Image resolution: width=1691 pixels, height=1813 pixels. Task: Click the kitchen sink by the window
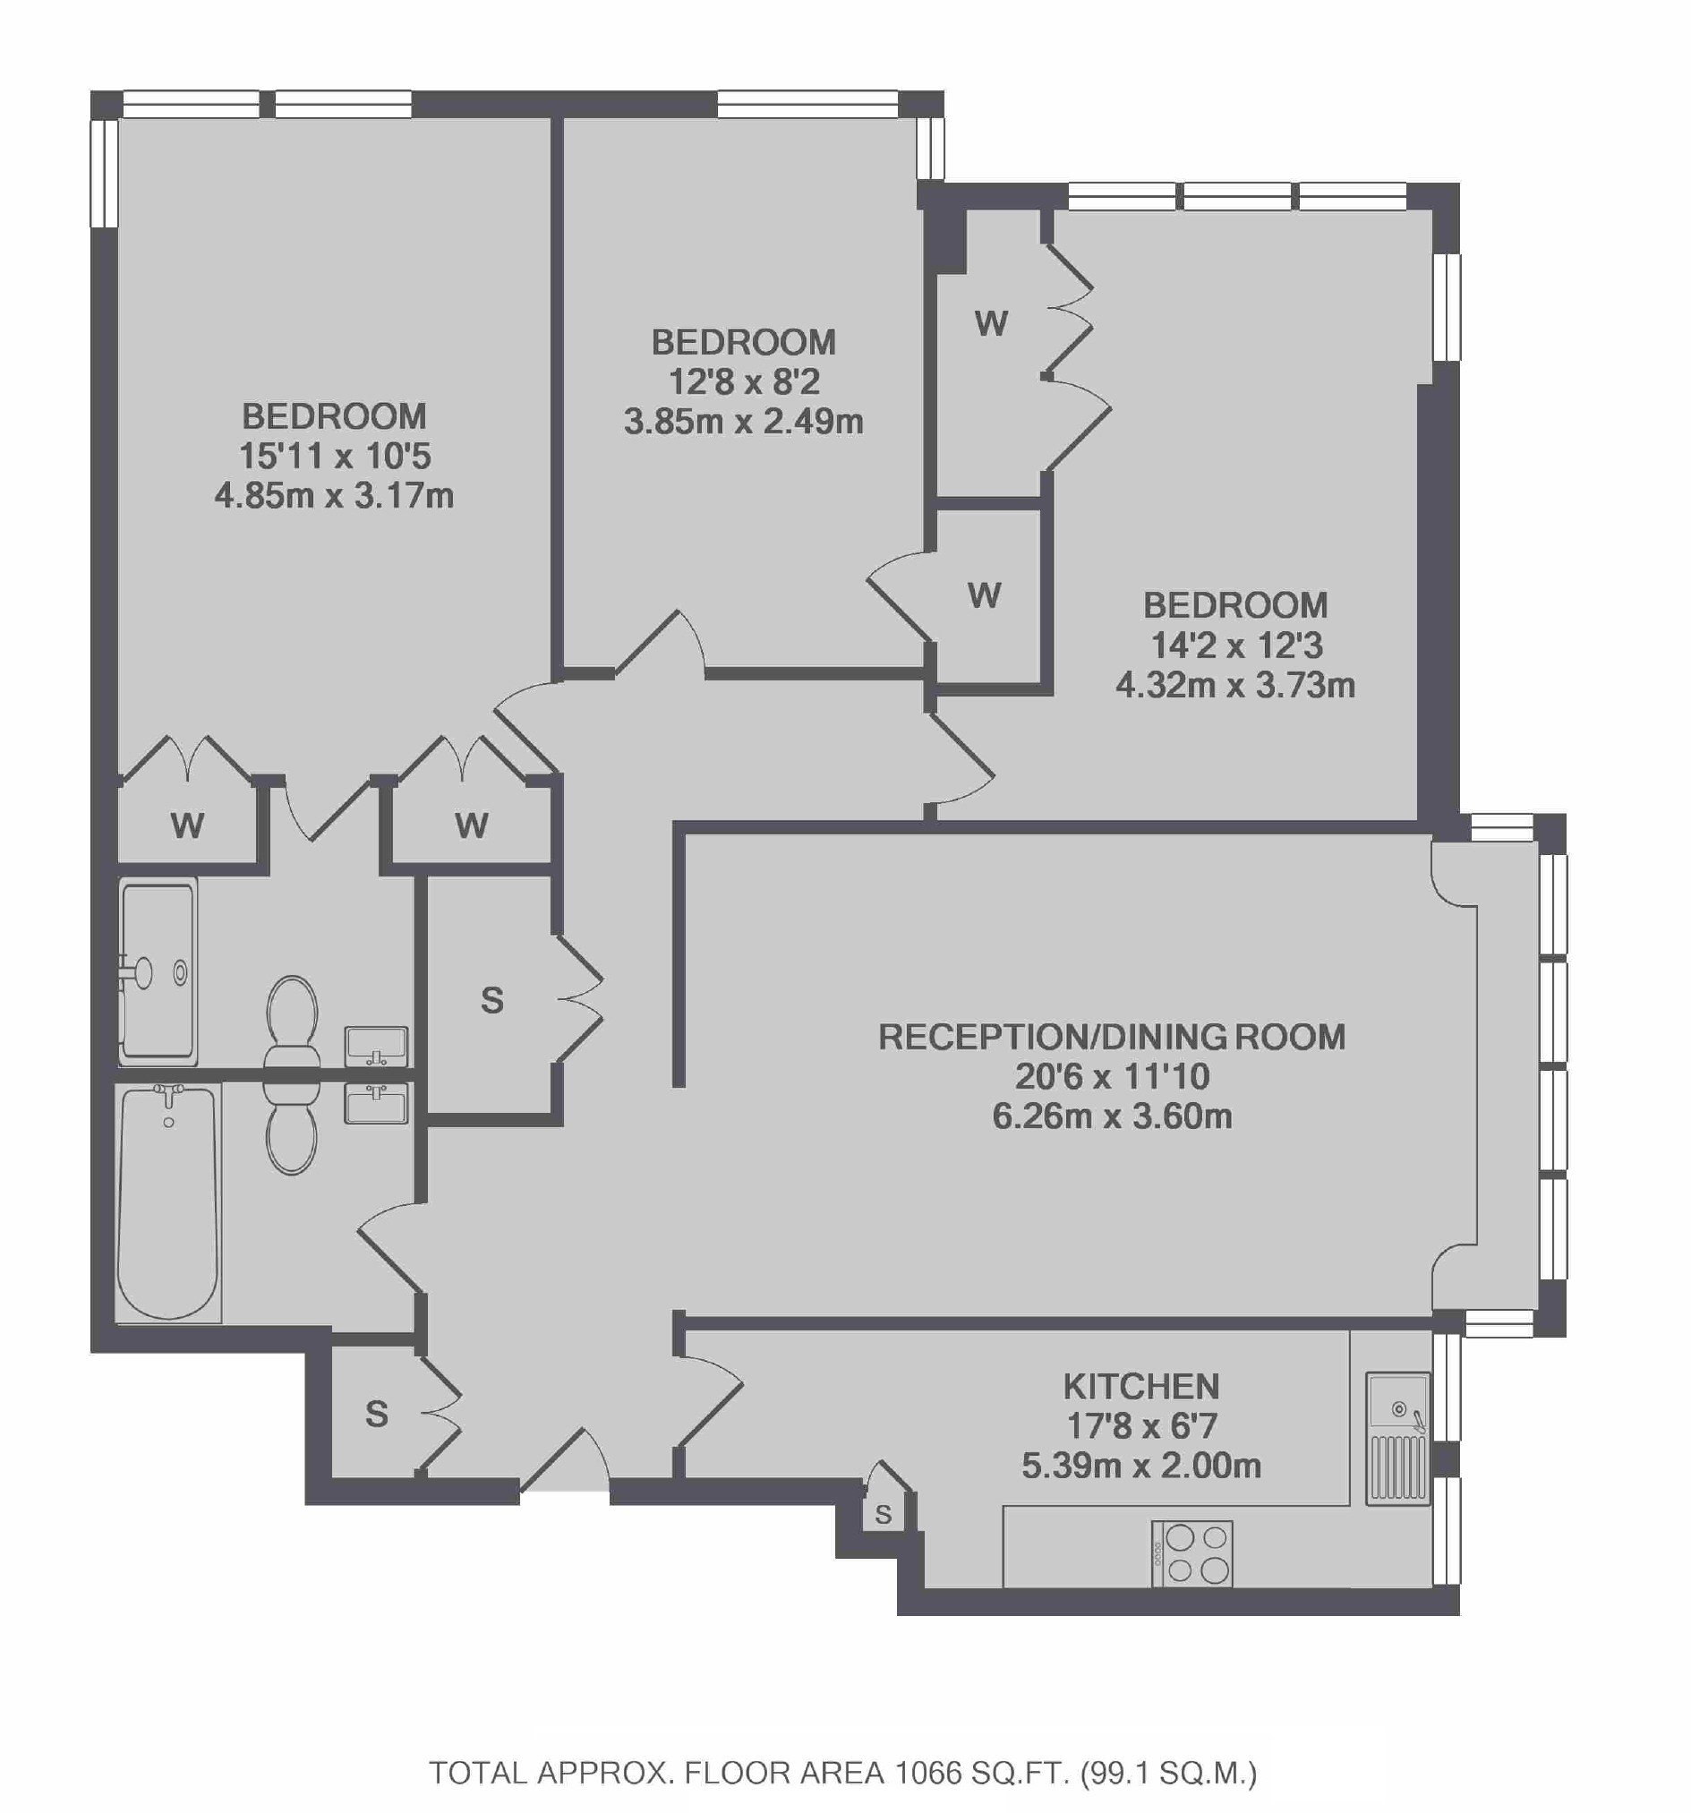point(1397,1438)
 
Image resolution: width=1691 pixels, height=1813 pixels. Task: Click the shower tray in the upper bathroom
point(158,971)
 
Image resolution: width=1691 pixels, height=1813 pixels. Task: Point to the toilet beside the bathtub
point(292,1127)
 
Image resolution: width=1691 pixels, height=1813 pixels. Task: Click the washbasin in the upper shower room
point(376,1046)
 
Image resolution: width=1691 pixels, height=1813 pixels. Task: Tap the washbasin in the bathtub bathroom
point(376,1104)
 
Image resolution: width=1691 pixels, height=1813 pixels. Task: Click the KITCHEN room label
point(1141,1386)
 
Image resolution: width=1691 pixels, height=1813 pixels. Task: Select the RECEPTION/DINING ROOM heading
point(1112,1037)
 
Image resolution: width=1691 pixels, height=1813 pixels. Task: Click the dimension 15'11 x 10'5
point(335,456)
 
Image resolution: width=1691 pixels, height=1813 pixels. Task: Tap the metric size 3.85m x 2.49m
point(743,423)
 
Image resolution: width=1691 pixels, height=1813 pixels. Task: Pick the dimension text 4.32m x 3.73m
point(1235,685)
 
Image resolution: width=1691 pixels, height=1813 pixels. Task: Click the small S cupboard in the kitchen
point(883,1515)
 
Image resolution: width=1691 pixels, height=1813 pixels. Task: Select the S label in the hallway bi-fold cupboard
point(491,1001)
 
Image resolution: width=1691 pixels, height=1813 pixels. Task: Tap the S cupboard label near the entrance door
point(377,1415)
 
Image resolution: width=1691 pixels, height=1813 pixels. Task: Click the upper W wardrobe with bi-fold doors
point(992,323)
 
